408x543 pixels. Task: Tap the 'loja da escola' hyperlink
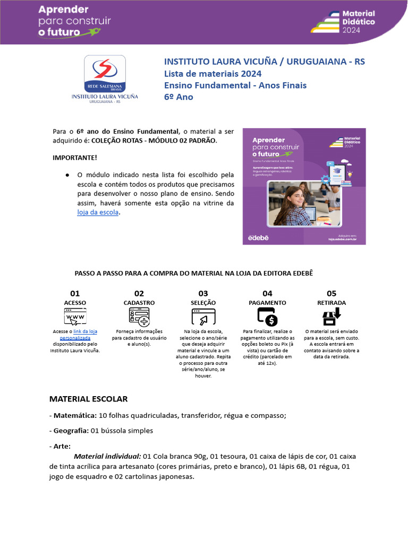pyautogui.click(x=98, y=212)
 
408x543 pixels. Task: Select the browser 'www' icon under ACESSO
pyautogui.click(x=75, y=317)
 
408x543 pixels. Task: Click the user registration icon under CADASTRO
pyautogui.click(x=139, y=317)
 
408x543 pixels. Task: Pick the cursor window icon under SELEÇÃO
pyautogui.click(x=203, y=317)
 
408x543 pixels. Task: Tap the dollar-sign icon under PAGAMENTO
pyautogui.click(x=267, y=317)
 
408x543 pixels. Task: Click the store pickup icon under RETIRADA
pyautogui.click(x=331, y=317)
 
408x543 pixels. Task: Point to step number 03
pyautogui.click(x=203, y=293)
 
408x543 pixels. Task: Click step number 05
pyautogui.click(x=331, y=293)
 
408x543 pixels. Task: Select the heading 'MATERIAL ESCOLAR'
pyautogui.click(x=88, y=399)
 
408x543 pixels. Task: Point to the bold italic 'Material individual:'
pyautogui.click(x=107, y=456)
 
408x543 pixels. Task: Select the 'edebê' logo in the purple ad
pyautogui.click(x=259, y=238)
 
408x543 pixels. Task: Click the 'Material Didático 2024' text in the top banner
pyautogui.click(x=358, y=22)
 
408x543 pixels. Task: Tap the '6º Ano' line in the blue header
pyautogui.click(x=178, y=97)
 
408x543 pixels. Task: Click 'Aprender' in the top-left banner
pyautogui.click(x=63, y=10)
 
